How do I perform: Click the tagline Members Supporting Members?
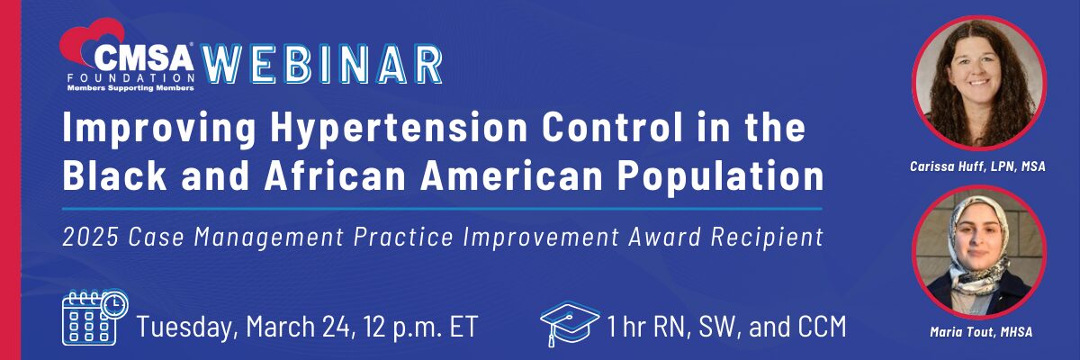[131, 87]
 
